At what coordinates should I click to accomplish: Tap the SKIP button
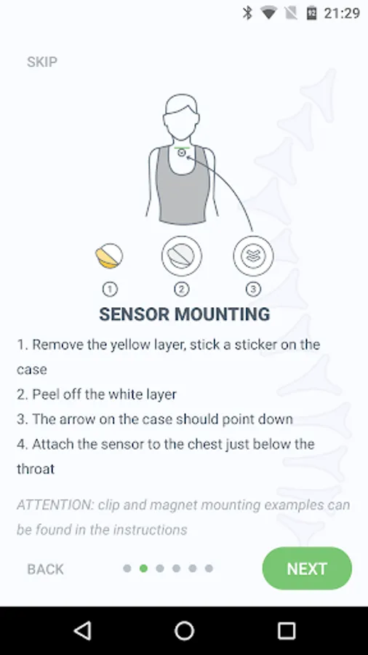click(42, 62)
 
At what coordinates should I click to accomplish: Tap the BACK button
click(46, 569)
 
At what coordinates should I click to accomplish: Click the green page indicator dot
click(143, 568)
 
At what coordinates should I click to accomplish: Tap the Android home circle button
click(184, 630)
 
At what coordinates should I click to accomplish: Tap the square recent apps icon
click(287, 630)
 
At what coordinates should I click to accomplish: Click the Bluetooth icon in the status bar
click(247, 13)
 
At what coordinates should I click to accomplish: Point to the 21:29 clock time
click(342, 13)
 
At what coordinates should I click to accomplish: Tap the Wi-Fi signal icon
click(268, 13)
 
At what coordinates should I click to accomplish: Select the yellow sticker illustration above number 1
click(109, 255)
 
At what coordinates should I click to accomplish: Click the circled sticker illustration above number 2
click(182, 255)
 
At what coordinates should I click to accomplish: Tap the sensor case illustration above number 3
click(253, 255)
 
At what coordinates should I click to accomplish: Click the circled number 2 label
click(182, 289)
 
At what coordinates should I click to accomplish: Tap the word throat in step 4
click(36, 469)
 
